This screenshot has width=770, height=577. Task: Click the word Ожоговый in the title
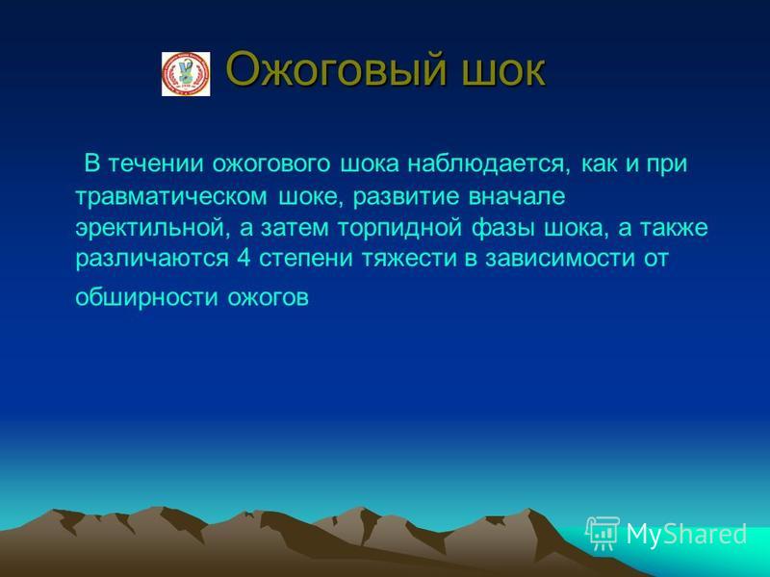click(336, 69)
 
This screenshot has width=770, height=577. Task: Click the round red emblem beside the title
click(186, 74)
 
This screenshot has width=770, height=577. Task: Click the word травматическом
click(172, 196)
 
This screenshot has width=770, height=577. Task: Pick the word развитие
click(406, 197)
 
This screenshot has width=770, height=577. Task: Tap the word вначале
click(517, 196)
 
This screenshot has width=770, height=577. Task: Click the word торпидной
click(399, 228)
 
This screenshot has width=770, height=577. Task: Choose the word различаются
click(152, 259)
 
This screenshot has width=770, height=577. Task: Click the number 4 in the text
click(244, 258)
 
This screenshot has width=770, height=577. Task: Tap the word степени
click(306, 259)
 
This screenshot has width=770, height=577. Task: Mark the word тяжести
click(410, 259)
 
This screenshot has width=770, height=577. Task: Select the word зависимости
click(560, 258)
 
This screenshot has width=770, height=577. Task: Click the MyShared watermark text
click(686, 534)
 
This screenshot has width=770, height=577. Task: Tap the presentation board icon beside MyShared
click(603, 533)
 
